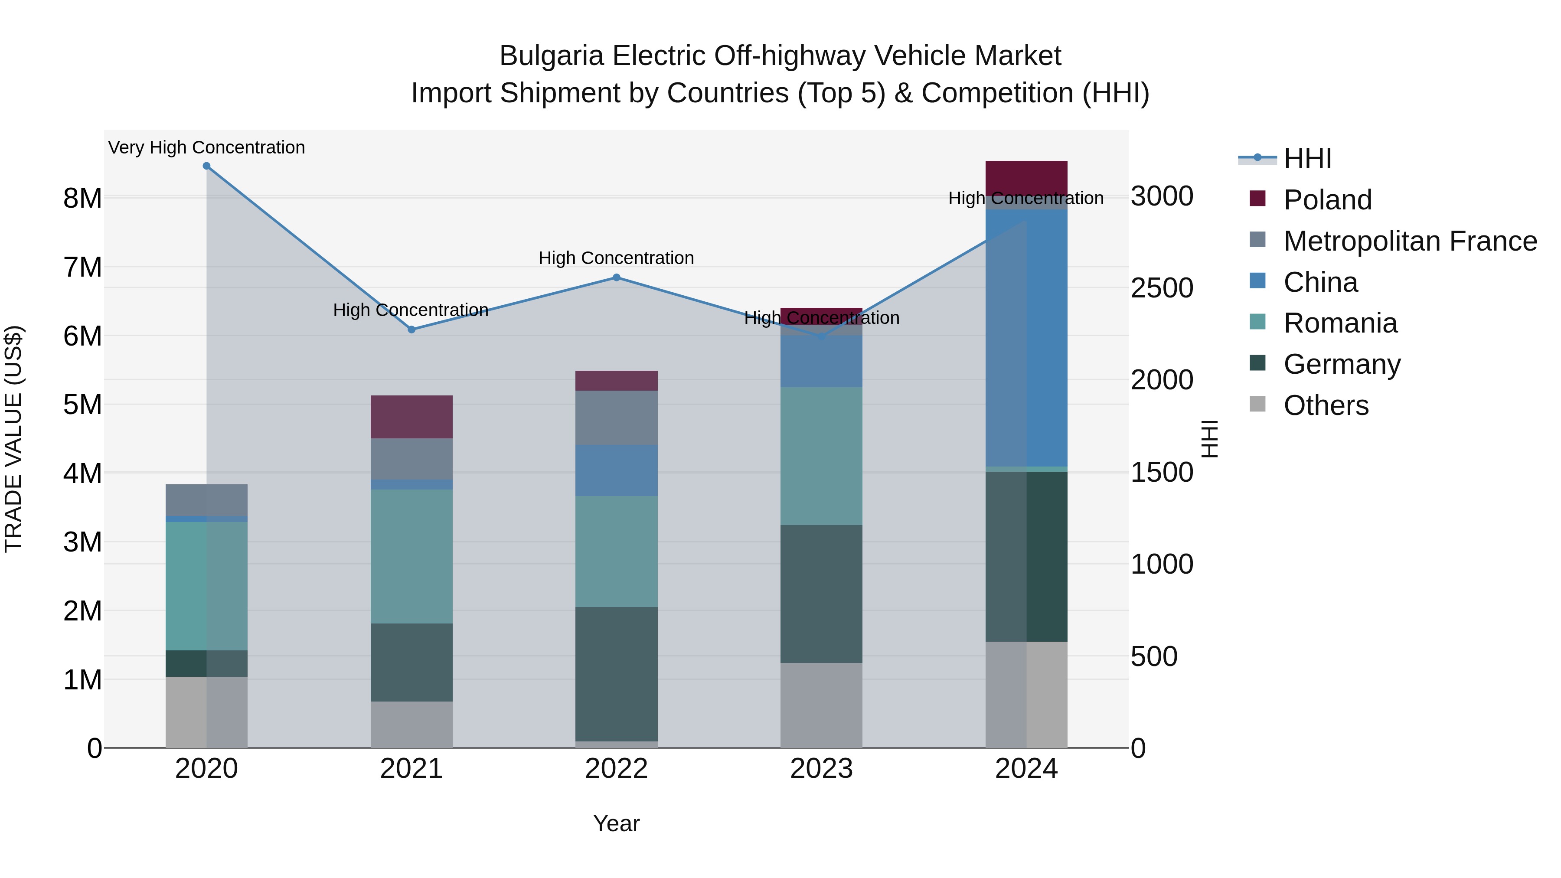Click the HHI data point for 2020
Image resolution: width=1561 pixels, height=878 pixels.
click(x=207, y=166)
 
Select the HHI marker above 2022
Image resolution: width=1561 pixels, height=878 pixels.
click(x=616, y=277)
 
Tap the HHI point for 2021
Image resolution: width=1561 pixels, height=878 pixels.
click(x=411, y=330)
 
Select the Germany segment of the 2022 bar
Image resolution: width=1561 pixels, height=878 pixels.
click(x=616, y=674)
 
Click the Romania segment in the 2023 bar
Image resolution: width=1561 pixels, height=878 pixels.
click(x=821, y=456)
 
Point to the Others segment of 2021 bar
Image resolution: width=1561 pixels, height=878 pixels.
click(x=411, y=724)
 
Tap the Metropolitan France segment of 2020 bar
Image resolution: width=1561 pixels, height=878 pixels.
click(x=207, y=500)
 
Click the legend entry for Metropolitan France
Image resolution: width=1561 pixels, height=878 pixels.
click(x=1410, y=241)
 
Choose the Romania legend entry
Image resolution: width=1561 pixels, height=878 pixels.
click(x=1340, y=323)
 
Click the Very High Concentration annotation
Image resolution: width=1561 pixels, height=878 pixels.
click(x=207, y=147)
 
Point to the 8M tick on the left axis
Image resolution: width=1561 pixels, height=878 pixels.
click(x=82, y=198)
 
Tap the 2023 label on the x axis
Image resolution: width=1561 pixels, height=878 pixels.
click(x=821, y=769)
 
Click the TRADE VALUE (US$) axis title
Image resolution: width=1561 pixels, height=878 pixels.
click(x=13, y=439)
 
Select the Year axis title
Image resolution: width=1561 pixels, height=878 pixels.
click(x=616, y=823)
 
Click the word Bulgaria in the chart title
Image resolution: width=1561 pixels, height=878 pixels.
click(x=552, y=56)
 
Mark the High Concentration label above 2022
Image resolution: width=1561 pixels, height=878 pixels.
click(x=616, y=258)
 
